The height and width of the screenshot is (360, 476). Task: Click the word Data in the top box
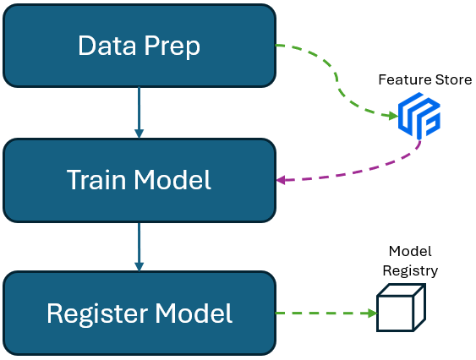(x=107, y=46)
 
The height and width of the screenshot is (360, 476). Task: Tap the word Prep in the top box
(x=172, y=47)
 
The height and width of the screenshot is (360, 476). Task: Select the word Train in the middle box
(x=96, y=180)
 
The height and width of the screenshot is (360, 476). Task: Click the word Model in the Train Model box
(x=172, y=180)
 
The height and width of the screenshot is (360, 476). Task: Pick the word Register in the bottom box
(x=97, y=315)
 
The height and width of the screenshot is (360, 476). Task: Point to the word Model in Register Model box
(x=194, y=313)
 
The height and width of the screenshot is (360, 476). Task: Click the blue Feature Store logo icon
(x=419, y=115)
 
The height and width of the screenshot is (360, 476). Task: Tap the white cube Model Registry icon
(x=401, y=308)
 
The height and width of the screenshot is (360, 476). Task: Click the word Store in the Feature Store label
(x=453, y=79)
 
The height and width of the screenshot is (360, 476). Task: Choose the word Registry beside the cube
(x=410, y=271)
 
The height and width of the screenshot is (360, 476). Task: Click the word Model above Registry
(x=410, y=251)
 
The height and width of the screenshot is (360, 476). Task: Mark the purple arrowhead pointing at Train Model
(x=281, y=180)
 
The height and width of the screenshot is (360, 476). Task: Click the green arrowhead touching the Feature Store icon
(x=393, y=115)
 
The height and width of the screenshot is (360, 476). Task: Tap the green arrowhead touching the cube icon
(x=373, y=313)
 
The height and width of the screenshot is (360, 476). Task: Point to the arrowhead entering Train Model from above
(x=139, y=134)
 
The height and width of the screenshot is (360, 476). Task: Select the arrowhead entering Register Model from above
(x=139, y=266)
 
